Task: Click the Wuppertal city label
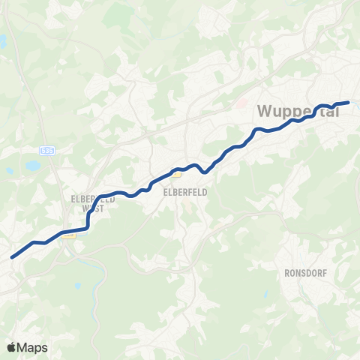[x=298, y=112]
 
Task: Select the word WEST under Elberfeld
[x=100, y=209]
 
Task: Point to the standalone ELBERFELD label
[x=184, y=191]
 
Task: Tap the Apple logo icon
[x=11, y=347]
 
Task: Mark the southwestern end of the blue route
[x=12, y=257]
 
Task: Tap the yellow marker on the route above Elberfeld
[x=178, y=174]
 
